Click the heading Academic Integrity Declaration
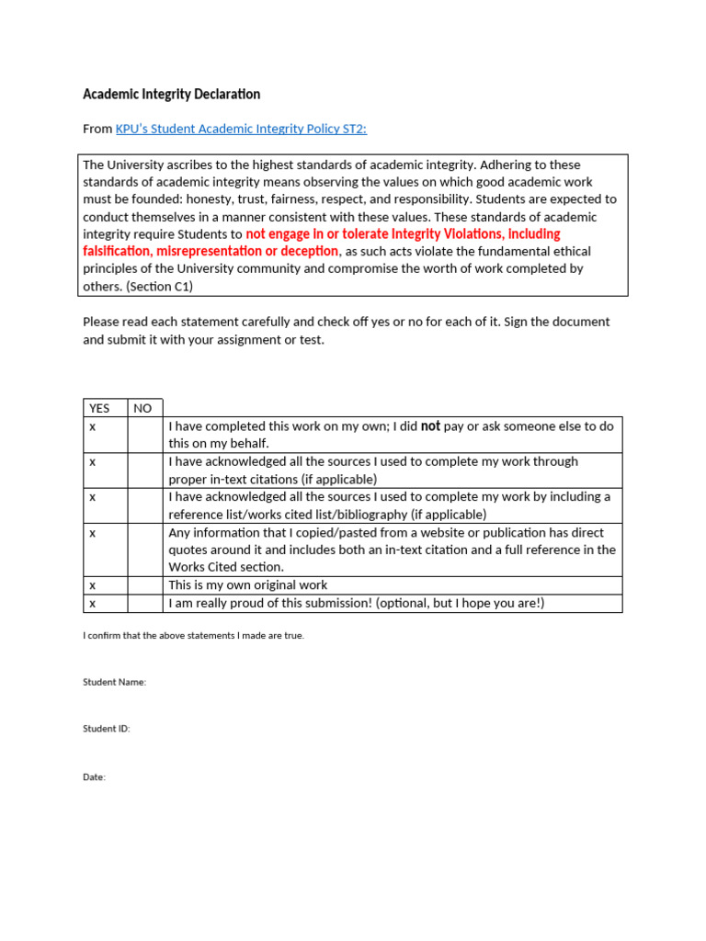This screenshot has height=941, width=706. coord(171,94)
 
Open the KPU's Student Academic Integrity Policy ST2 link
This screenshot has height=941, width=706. coord(241,129)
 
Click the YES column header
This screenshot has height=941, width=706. coord(98,408)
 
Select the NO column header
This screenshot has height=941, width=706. coord(142,408)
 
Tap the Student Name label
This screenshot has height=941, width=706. coord(114,682)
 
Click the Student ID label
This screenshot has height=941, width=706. coord(107,729)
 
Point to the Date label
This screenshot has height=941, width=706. coord(94,777)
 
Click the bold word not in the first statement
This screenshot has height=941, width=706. coord(430,426)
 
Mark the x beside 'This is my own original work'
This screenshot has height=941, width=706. coord(92,585)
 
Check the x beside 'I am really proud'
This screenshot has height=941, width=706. coord(92,603)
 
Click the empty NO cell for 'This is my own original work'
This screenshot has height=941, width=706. coord(145,585)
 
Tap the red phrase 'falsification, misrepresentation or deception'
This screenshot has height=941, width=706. coord(211,251)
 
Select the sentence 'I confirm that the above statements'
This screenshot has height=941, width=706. coord(193,635)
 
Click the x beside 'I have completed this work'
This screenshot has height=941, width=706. coord(92,426)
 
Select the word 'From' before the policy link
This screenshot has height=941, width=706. coord(97,129)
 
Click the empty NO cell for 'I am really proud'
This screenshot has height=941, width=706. coord(145,603)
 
